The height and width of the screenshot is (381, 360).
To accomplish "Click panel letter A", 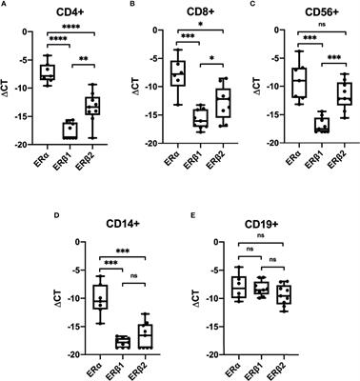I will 6,6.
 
